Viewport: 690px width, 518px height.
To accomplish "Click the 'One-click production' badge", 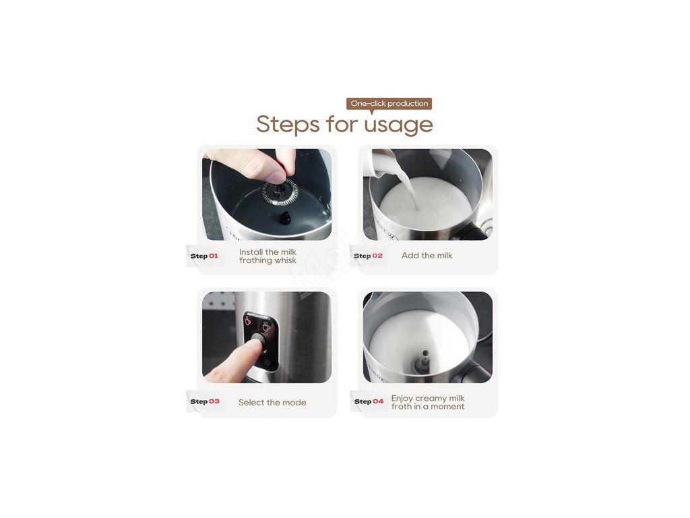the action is (x=389, y=104).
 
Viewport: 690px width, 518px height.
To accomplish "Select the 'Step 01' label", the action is (x=204, y=256).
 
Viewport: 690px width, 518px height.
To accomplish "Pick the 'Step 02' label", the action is (x=369, y=256).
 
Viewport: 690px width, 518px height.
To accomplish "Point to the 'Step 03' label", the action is (x=205, y=401).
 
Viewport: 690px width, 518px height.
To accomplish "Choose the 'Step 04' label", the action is (x=369, y=401).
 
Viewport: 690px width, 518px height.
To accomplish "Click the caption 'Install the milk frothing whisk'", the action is (x=268, y=256).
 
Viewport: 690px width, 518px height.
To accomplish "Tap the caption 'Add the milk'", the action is (x=427, y=256).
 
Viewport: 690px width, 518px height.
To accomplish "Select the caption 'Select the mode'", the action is (x=272, y=402).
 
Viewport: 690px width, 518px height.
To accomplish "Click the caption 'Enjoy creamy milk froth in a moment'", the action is (x=428, y=402).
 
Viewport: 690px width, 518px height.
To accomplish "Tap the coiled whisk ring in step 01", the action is (x=280, y=192).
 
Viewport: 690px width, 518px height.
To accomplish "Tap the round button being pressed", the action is (x=259, y=339).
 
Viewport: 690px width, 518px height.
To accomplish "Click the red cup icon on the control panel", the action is (x=248, y=320).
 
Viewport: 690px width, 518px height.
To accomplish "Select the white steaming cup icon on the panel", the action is (x=266, y=326).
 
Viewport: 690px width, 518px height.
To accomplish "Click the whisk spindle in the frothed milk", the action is (x=425, y=360).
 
